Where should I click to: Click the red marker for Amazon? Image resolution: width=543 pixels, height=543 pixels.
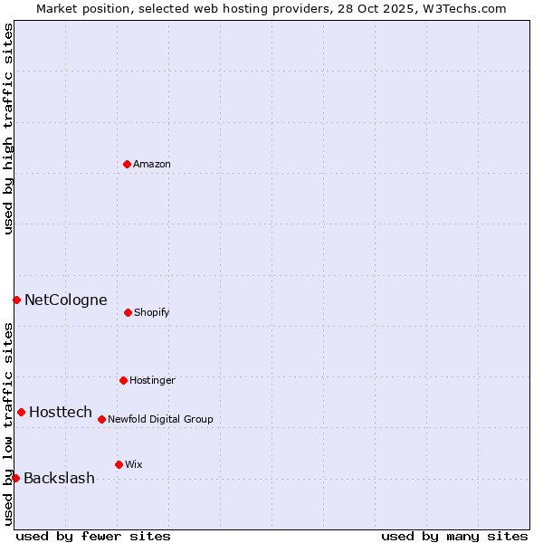127,164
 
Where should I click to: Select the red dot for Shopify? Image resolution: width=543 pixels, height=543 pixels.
128,312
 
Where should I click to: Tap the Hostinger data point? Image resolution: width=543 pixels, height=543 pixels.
123,380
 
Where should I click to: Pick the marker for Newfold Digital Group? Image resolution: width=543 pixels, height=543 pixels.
101,419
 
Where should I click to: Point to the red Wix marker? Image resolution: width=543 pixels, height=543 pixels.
119,464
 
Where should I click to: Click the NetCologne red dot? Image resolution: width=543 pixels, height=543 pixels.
16,300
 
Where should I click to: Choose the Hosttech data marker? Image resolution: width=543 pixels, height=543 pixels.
21,412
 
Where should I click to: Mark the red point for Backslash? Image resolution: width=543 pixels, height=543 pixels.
15,478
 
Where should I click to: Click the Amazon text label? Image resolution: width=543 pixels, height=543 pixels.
152,164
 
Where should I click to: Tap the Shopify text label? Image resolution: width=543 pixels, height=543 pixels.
152,312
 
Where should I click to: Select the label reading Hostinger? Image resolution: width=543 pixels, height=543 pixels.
152,380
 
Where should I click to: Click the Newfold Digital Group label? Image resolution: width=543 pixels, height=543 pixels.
160,419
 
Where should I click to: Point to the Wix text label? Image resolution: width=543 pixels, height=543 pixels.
134,464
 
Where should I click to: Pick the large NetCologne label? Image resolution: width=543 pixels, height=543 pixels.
65,300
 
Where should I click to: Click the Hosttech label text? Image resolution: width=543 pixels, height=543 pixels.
61,412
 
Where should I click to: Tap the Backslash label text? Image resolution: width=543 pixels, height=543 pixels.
59,478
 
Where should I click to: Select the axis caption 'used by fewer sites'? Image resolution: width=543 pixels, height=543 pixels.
93,536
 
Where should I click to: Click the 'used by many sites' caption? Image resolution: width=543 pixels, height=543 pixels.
454,536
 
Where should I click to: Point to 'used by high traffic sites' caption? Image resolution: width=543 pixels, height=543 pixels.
8,129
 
